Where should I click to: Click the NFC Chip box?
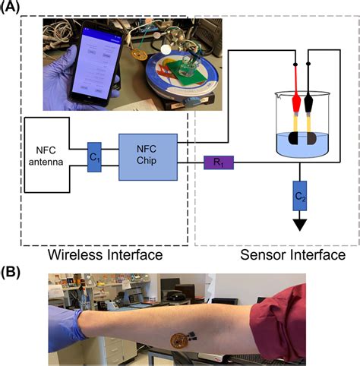click(147, 156)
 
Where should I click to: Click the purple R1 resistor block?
click(219, 162)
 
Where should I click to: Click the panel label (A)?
click(14, 8)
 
